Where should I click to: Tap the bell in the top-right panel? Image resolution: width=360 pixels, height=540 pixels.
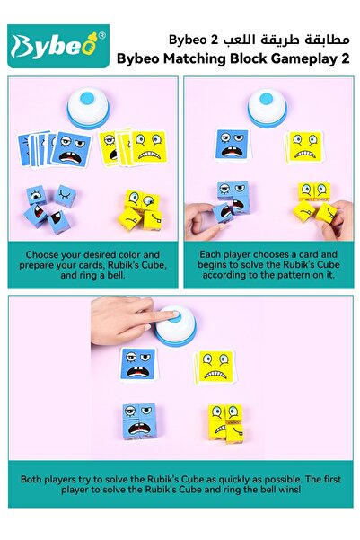coord(269,109)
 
